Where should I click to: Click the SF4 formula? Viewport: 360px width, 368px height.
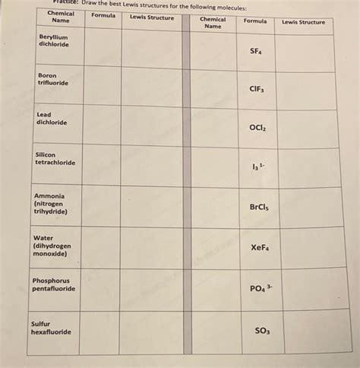click(255, 52)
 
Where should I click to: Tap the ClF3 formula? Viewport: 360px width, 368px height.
click(256, 89)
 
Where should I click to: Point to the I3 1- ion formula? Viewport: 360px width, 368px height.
click(257, 167)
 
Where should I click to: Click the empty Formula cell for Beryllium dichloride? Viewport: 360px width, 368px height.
click(103, 46)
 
